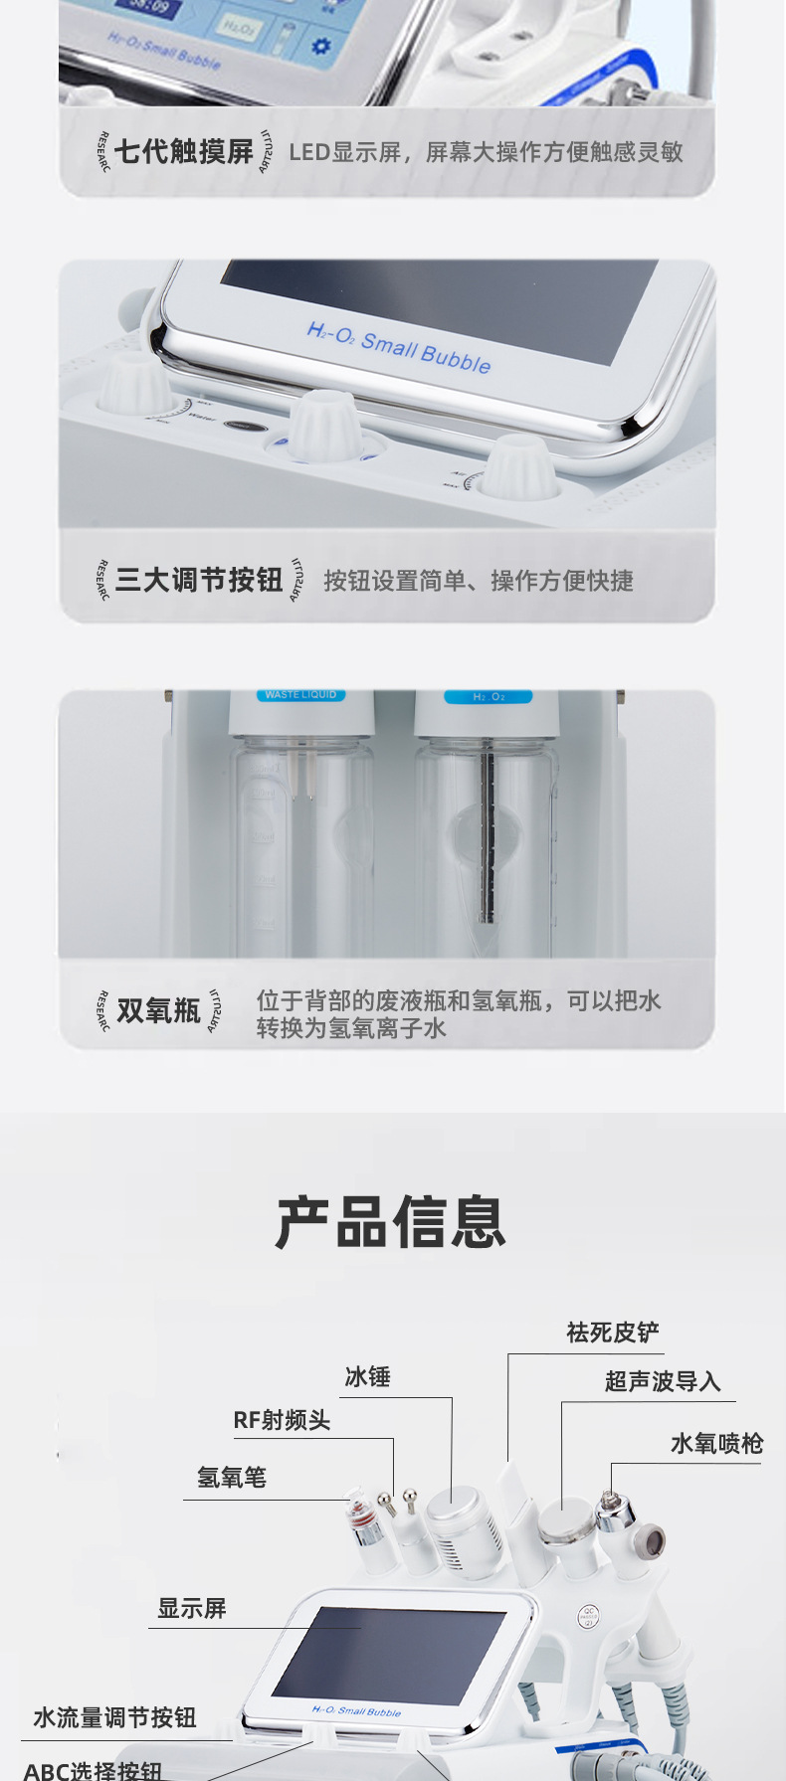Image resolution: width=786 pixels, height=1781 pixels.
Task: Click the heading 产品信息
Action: coord(391,1222)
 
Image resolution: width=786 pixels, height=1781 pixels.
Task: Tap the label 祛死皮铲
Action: coord(613,1333)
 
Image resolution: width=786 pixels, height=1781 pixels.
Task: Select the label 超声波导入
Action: coord(663,1381)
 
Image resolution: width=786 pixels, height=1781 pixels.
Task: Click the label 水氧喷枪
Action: coord(716,1444)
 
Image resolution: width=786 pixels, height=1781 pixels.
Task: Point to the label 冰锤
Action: coord(367,1377)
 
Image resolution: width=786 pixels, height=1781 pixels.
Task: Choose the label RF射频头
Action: coord(282,1420)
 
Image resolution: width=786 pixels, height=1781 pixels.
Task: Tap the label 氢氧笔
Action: coord(232,1478)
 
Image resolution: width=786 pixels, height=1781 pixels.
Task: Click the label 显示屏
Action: coord(192,1608)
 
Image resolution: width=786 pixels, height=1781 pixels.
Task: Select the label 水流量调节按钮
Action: coord(115,1717)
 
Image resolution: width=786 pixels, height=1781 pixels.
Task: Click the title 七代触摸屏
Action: coord(184,152)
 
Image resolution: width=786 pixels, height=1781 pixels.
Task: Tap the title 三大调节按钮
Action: coord(199,580)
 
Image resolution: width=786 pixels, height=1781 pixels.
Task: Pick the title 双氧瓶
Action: coord(159,1010)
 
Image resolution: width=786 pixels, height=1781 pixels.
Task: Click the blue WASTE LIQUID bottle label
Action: coord(300,695)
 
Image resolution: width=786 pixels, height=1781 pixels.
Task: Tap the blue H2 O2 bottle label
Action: coord(489,697)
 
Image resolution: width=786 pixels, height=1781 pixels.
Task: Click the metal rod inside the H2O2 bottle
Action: coord(488,835)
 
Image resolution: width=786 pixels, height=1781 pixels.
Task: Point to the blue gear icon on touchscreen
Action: coord(320,46)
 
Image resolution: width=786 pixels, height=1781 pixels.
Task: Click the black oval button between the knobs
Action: coord(244,426)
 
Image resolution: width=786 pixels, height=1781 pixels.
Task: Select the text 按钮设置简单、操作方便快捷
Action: coord(478,581)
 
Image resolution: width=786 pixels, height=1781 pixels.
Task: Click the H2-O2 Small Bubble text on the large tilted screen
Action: coord(399,346)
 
